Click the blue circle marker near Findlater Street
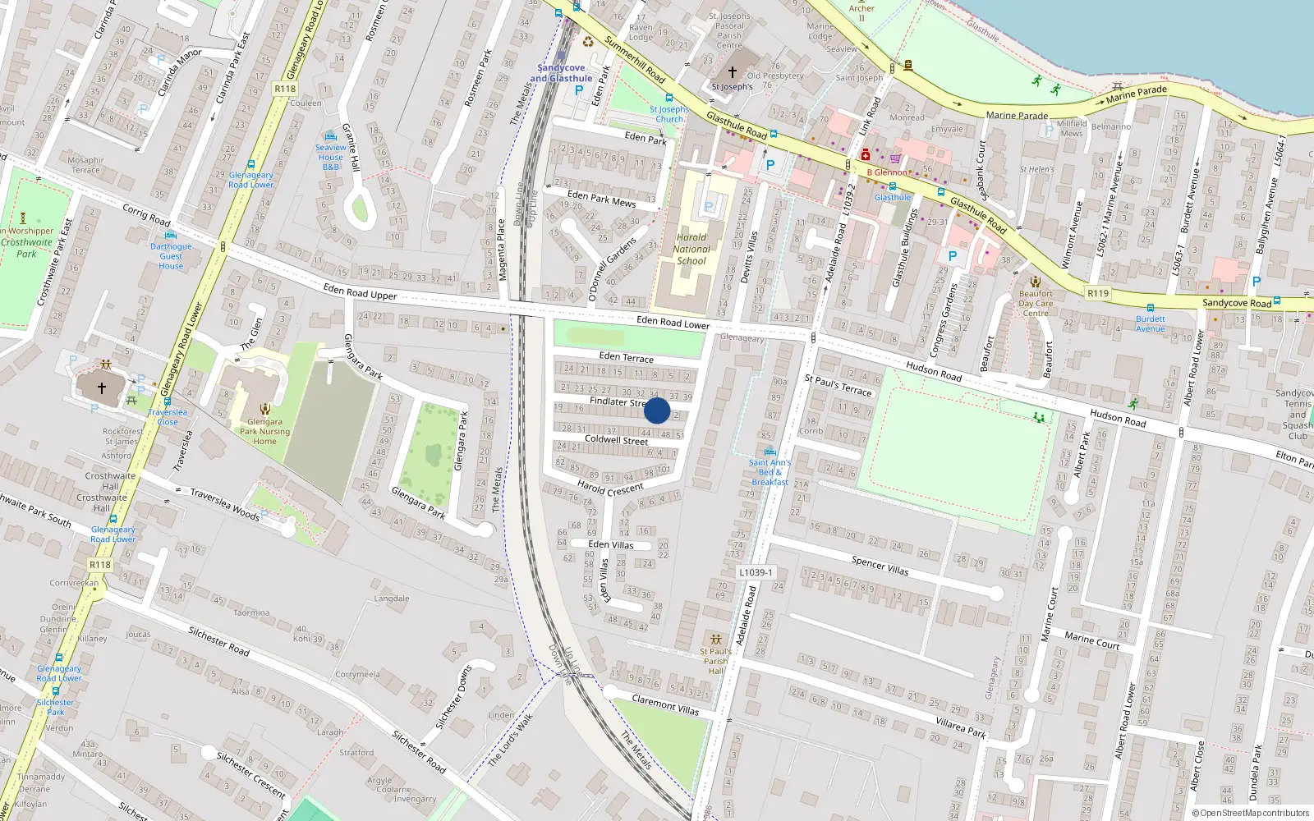click(x=657, y=410)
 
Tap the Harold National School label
click(x=691, y=249)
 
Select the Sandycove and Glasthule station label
click(x=561, y=73)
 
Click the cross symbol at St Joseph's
click(x=733, y=72)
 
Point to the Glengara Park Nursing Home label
click(x=264, y=431)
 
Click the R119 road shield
click(x=1097, y=293)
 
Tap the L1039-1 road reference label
click(x=755, y=572)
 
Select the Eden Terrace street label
click(x=627, y=357)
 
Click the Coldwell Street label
click(x=616, y=440)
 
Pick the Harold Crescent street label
click(x=610, y=488)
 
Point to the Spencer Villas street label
click(x=880, y=565)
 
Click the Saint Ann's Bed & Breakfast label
click(x=770, y=472)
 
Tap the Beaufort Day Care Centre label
click(x=1036, y=303)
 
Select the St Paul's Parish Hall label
click(x=715, y=661)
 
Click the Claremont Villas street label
click(x=665, y=704)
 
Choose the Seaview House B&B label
click(x=331, y=157)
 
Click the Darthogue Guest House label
click(x=171, y=256)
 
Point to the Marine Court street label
click(x=1091, y=640)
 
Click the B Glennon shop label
click(x=887, y=172)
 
